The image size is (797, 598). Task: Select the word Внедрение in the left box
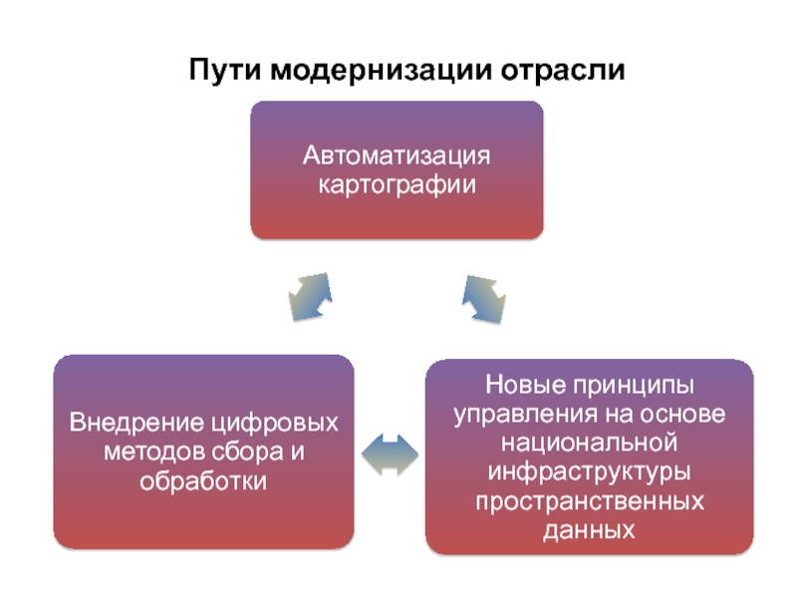click(127, 425)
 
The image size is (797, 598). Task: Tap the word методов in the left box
click(149, 452)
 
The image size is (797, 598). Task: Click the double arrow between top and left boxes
click(309, 296)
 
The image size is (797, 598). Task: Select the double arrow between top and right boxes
click(485, 296)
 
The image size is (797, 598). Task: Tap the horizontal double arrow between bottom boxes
click(390, 453)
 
